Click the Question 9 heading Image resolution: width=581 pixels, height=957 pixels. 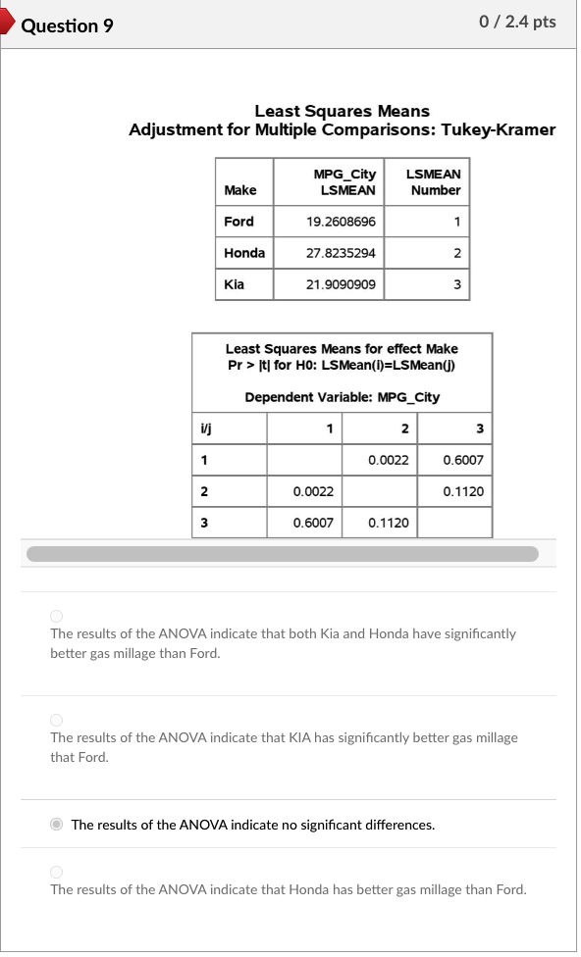point(67,25)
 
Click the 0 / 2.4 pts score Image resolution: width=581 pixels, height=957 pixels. point(517,22)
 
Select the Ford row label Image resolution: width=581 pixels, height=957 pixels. point(238,222)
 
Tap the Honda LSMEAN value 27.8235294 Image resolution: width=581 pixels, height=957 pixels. point(341,253)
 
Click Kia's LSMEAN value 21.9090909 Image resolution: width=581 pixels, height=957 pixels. point(341,284)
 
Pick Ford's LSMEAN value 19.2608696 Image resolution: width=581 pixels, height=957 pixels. point(341,222)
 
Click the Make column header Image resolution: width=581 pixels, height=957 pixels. point(239,190)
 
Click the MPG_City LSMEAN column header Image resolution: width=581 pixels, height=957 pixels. point(343,181)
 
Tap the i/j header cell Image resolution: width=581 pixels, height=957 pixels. point(206,428)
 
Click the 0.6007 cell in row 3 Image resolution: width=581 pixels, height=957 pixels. point(313,523)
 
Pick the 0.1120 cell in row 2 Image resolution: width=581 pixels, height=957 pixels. point(462,491)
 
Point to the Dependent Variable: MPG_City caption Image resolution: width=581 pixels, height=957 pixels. point(342,397)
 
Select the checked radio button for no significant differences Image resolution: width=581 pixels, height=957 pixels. point(57,825)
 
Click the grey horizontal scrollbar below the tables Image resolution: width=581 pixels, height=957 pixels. point(283,554)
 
